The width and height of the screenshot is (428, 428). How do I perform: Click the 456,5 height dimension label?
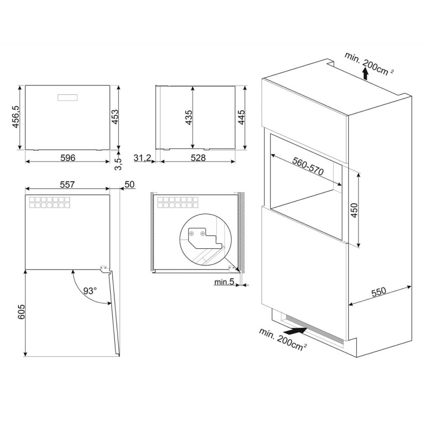16,117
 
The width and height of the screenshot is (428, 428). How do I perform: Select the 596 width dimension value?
68,158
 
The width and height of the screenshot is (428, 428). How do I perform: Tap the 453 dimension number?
116,117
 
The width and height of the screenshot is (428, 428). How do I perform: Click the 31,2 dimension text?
142,158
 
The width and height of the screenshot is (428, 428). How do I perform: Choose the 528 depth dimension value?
198,158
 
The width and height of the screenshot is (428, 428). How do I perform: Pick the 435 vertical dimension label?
189,117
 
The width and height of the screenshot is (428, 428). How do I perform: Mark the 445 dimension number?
242,117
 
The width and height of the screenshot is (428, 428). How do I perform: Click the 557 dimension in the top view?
67,185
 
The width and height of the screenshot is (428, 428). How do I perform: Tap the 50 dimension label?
129,185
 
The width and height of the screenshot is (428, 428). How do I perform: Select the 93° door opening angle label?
90,291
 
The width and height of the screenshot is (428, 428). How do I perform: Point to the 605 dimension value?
21,312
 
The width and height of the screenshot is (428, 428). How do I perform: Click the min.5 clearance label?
224,282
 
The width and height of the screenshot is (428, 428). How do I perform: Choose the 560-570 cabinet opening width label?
308,166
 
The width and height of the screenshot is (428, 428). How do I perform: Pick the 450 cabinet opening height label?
354,210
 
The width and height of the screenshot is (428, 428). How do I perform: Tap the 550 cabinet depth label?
379,292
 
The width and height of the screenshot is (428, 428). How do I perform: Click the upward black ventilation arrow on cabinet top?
365,74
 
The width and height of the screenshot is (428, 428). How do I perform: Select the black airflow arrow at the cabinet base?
296,331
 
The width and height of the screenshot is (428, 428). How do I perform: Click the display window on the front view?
67,98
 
